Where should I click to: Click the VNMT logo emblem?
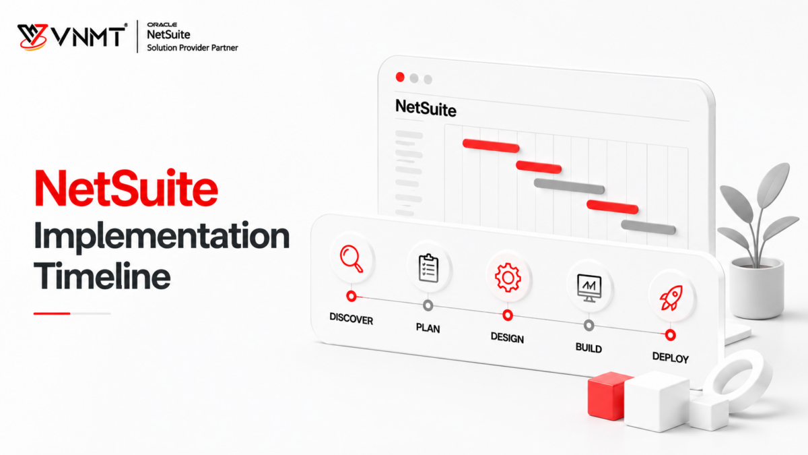(33, 37)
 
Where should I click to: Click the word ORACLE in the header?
(162, 24)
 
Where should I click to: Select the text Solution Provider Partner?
(193, 48)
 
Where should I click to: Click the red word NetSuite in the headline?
(127, 189)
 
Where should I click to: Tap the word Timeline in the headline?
(102, 276)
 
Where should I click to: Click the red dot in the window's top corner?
(400, 77)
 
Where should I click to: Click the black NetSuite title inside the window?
(426, 108)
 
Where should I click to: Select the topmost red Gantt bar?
(491, 146)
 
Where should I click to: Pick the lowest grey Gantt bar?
(648, 228)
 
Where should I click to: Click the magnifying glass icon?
(351, 258)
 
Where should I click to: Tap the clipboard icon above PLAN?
(428, 268)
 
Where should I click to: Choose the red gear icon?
(508, 278)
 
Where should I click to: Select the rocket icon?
(671, 298)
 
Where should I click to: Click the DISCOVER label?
(351, 319)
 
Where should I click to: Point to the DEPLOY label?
(671, 357)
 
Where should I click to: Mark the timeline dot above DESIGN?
(508, 315)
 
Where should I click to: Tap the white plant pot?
(756, 289)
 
